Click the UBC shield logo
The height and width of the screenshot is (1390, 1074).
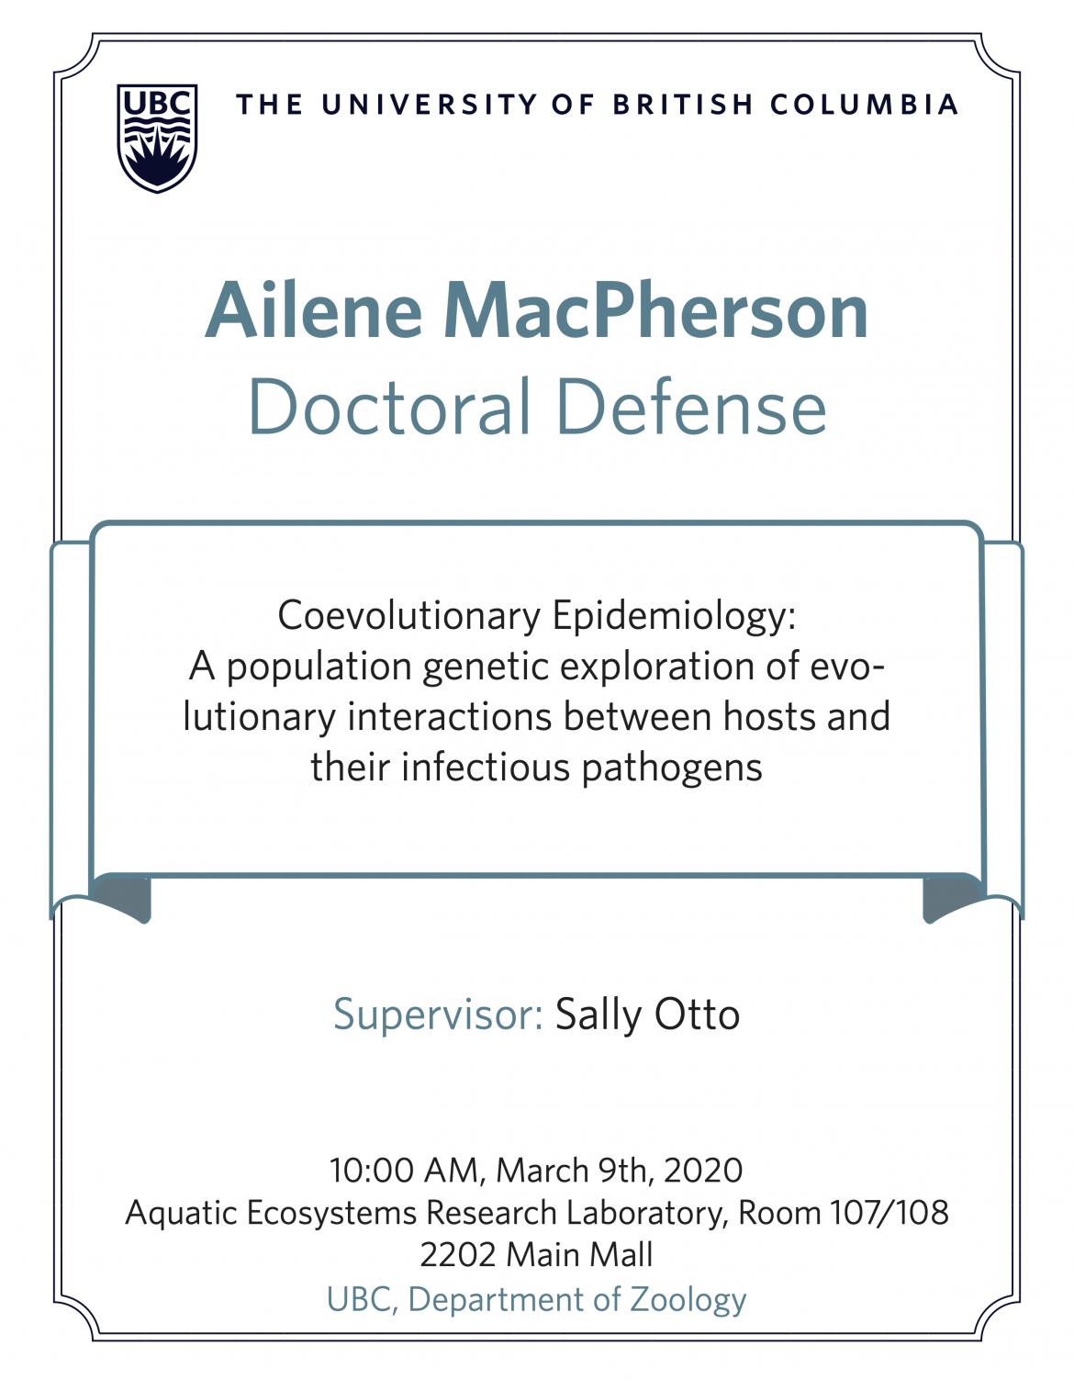click(157, 138)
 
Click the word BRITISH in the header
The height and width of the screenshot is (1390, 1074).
click(683, 105)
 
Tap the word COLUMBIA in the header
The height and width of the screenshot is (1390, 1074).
click(864, 105)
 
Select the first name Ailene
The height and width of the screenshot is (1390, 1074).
click(313, 310)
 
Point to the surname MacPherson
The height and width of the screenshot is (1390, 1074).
click(656, 310)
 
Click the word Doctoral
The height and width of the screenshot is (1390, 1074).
click(391, 407)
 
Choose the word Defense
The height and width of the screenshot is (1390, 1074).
click(692, 407)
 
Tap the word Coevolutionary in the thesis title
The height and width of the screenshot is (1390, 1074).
click(409, 617)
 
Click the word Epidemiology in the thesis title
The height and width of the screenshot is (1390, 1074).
click(675, 617)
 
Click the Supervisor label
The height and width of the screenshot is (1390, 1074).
click(438, 1014)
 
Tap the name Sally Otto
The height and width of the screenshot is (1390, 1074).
click(647, 1014)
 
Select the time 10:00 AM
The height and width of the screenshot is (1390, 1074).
click(404, 1171)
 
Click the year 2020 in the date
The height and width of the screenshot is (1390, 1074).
click(703, 1171)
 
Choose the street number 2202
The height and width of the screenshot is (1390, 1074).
click(458, 1255)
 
